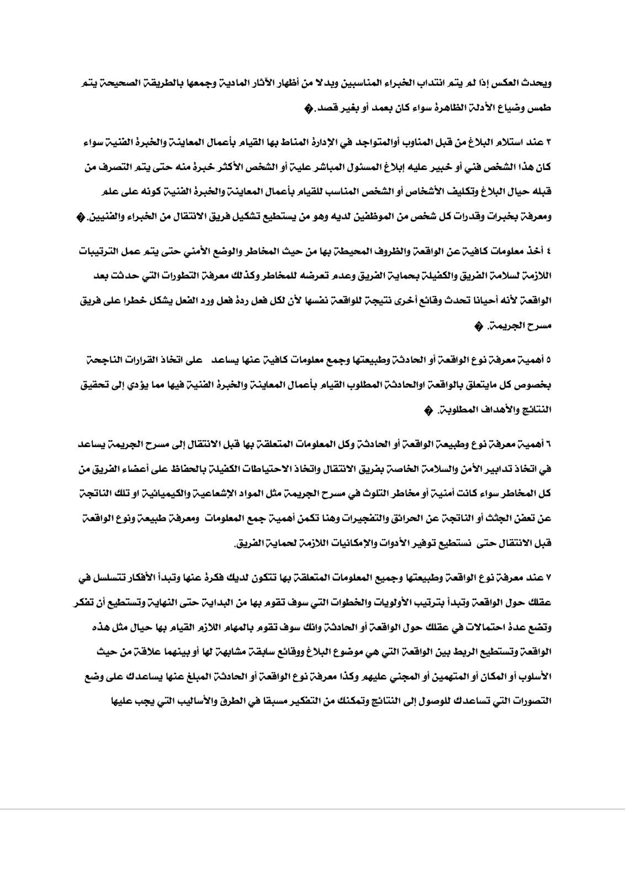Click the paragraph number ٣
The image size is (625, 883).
[x=549, y=142]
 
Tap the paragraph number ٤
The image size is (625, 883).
[x=549, y=251]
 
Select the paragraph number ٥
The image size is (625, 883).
[x=549, y=360]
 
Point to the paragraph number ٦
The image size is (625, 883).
[x=549, y=445]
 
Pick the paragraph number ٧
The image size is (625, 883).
[x=549, y=577]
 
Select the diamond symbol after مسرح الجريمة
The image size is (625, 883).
[x=478, y=326]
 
